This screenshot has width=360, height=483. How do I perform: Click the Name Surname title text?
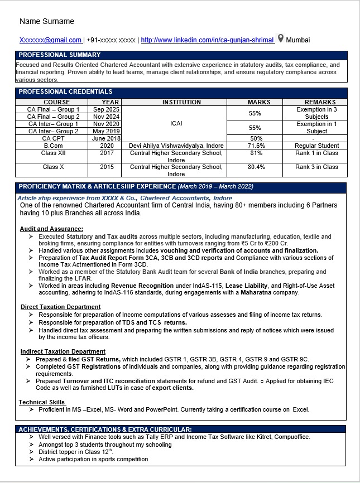pos(46,21)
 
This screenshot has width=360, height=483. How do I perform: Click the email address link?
pos(51,40)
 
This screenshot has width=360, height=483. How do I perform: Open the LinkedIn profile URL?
pos(207,40)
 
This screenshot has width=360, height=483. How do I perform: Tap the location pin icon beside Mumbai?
pos(280,39)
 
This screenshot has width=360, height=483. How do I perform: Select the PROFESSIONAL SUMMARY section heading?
pos(60,55)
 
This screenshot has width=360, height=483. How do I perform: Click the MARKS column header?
pos(259,102)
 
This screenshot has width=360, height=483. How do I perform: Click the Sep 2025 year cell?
pos(106,110)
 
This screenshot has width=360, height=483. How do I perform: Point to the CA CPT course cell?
pos(54,138)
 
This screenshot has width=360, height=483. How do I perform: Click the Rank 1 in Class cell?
pos(316,153)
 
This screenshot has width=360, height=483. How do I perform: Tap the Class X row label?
pos(54,167)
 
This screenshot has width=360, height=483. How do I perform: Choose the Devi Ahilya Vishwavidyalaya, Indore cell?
pos(176,146)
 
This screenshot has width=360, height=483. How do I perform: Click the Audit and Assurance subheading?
pos(51,229)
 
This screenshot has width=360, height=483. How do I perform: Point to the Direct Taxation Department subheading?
pos(60,307)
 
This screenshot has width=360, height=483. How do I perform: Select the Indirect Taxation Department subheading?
pos(63,351)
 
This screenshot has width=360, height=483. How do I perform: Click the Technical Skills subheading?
pos(42,402)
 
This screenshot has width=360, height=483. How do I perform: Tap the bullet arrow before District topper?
pos(31,452)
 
